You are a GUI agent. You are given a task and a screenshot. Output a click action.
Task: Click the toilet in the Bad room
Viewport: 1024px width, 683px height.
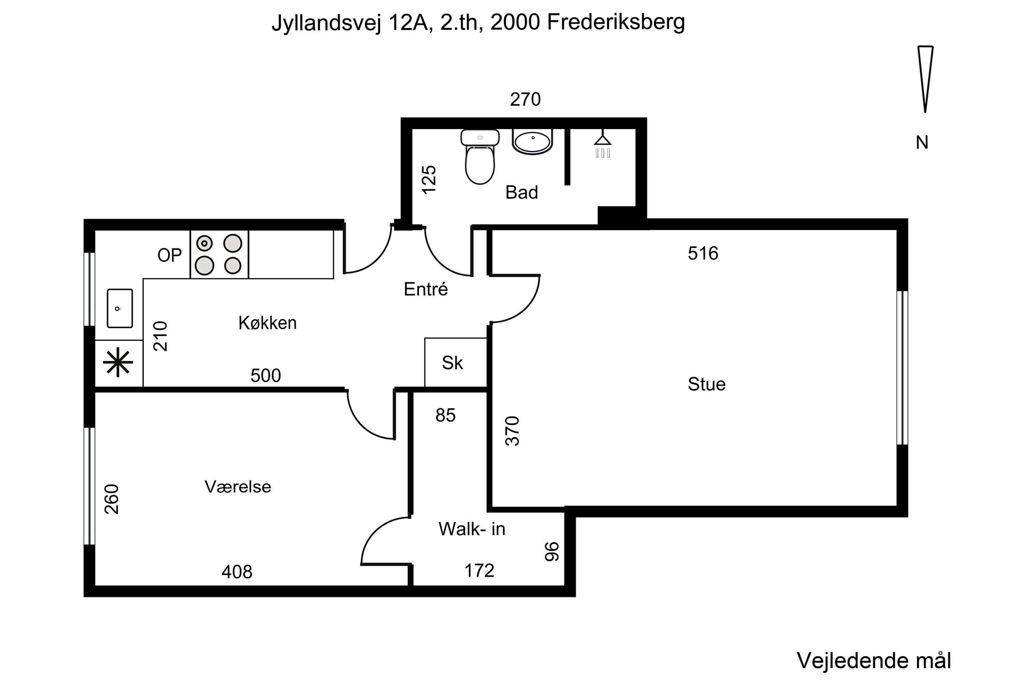480,159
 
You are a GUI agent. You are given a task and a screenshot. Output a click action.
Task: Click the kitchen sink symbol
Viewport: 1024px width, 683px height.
120,308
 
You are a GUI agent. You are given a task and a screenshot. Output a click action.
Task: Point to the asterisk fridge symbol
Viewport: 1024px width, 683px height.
118,363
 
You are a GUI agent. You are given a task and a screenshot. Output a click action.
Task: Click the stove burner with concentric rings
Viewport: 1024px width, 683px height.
204,243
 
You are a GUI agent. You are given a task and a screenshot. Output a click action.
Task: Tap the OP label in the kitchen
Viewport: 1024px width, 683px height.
169,255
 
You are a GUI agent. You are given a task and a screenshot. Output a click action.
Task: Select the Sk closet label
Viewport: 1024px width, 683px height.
452,363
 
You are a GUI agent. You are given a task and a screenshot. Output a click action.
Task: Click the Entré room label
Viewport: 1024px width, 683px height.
425,289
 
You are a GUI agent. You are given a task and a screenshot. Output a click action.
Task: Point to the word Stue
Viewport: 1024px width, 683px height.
706,384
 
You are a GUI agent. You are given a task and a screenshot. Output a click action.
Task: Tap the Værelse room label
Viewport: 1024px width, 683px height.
238,487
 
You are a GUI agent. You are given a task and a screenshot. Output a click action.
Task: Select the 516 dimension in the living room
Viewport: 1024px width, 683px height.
703,253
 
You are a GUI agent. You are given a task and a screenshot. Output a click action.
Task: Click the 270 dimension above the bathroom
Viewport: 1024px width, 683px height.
525,100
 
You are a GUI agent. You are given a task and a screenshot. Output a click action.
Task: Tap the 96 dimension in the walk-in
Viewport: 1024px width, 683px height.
552,552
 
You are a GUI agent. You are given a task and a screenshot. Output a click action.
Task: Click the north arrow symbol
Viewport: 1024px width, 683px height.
925,79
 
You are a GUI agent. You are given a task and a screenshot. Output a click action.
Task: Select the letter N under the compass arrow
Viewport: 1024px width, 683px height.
922,143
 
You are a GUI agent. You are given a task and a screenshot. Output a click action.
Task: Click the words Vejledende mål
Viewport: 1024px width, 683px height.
873,661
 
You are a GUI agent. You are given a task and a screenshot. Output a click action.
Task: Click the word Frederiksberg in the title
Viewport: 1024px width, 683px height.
616,22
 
